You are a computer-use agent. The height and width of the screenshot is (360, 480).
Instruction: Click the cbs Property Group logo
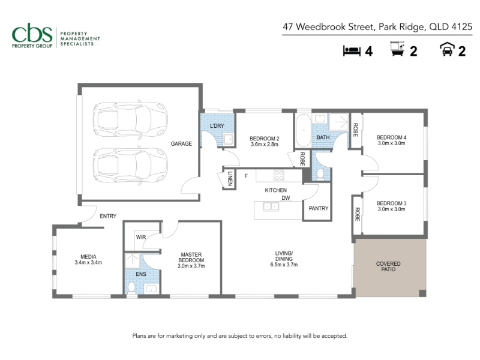click(x=56, y=36)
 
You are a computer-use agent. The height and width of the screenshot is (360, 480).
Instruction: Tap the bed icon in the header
click(x=352, y=51)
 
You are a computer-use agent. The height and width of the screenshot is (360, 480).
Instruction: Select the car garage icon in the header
click(x=447, y=49)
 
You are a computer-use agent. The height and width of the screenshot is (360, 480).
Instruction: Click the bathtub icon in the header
click(x=397, y=49)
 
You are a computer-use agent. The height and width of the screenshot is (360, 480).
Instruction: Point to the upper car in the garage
click(x=130, y=119)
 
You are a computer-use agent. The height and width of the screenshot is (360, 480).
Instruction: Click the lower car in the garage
click(x=130, y=166)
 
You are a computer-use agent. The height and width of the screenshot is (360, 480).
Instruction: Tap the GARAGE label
click(x=181, y=143)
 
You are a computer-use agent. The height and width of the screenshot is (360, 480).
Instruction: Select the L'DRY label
click(x=217, y=126)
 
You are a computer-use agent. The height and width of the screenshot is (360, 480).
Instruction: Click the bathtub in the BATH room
click(x=304, y=131)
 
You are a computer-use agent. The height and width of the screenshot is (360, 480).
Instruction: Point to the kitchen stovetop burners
click(x=279, y=175)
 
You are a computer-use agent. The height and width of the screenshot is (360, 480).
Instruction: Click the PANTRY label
click(x=319, y=208)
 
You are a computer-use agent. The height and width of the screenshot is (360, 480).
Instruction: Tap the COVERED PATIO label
click(x=388, y=266)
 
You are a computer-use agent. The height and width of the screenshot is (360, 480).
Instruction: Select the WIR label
click(x=141, y=237)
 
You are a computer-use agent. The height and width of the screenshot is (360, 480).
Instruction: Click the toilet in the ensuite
click(x=131, y=288)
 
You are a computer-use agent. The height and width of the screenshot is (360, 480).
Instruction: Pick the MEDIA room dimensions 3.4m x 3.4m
click(x=88, y=262)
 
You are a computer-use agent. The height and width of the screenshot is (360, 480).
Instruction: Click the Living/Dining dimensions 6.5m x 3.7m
click(x=284, y=265)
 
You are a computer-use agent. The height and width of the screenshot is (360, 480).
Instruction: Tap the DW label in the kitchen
click(x=286, y=198)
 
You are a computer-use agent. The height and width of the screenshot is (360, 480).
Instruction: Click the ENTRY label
click(x=108, y=216)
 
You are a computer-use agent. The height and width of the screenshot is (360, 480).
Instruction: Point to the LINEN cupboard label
click(x=230, y=179)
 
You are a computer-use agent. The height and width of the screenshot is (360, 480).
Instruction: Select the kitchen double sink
click(x=271, y=207)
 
